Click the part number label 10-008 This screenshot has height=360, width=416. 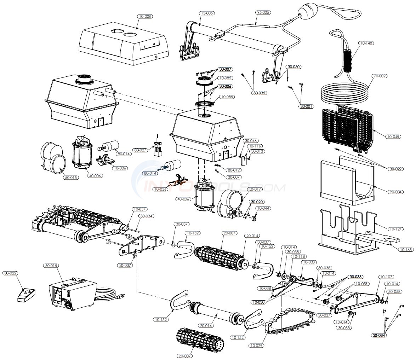tap(146, 16)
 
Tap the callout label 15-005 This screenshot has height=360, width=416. tap(207, 13)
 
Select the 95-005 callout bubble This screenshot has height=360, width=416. tap(263, 12)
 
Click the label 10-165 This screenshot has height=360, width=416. tap(406, 250)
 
